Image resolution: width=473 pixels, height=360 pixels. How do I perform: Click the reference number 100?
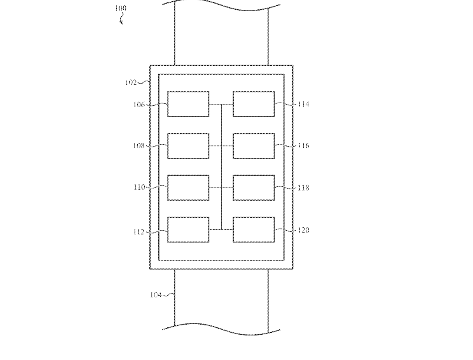[x=121, y=9]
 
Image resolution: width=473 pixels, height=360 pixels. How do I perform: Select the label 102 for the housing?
[x=131, y=82]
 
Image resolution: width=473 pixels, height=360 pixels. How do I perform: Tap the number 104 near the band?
[x=156, y=295]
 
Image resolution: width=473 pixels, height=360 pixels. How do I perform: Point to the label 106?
[x=139, y=105]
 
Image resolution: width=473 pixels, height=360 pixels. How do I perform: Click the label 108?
[x=139, y=146]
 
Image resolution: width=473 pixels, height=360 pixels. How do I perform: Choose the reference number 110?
[x=139, y=187]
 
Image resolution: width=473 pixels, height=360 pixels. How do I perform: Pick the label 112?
[x=139, y=232]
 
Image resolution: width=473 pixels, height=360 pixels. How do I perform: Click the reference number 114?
[x=303, y=104]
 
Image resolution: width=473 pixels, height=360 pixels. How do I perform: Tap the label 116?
[x=303, y=146]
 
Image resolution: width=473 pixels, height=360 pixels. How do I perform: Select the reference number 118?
[x=303, y=188]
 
